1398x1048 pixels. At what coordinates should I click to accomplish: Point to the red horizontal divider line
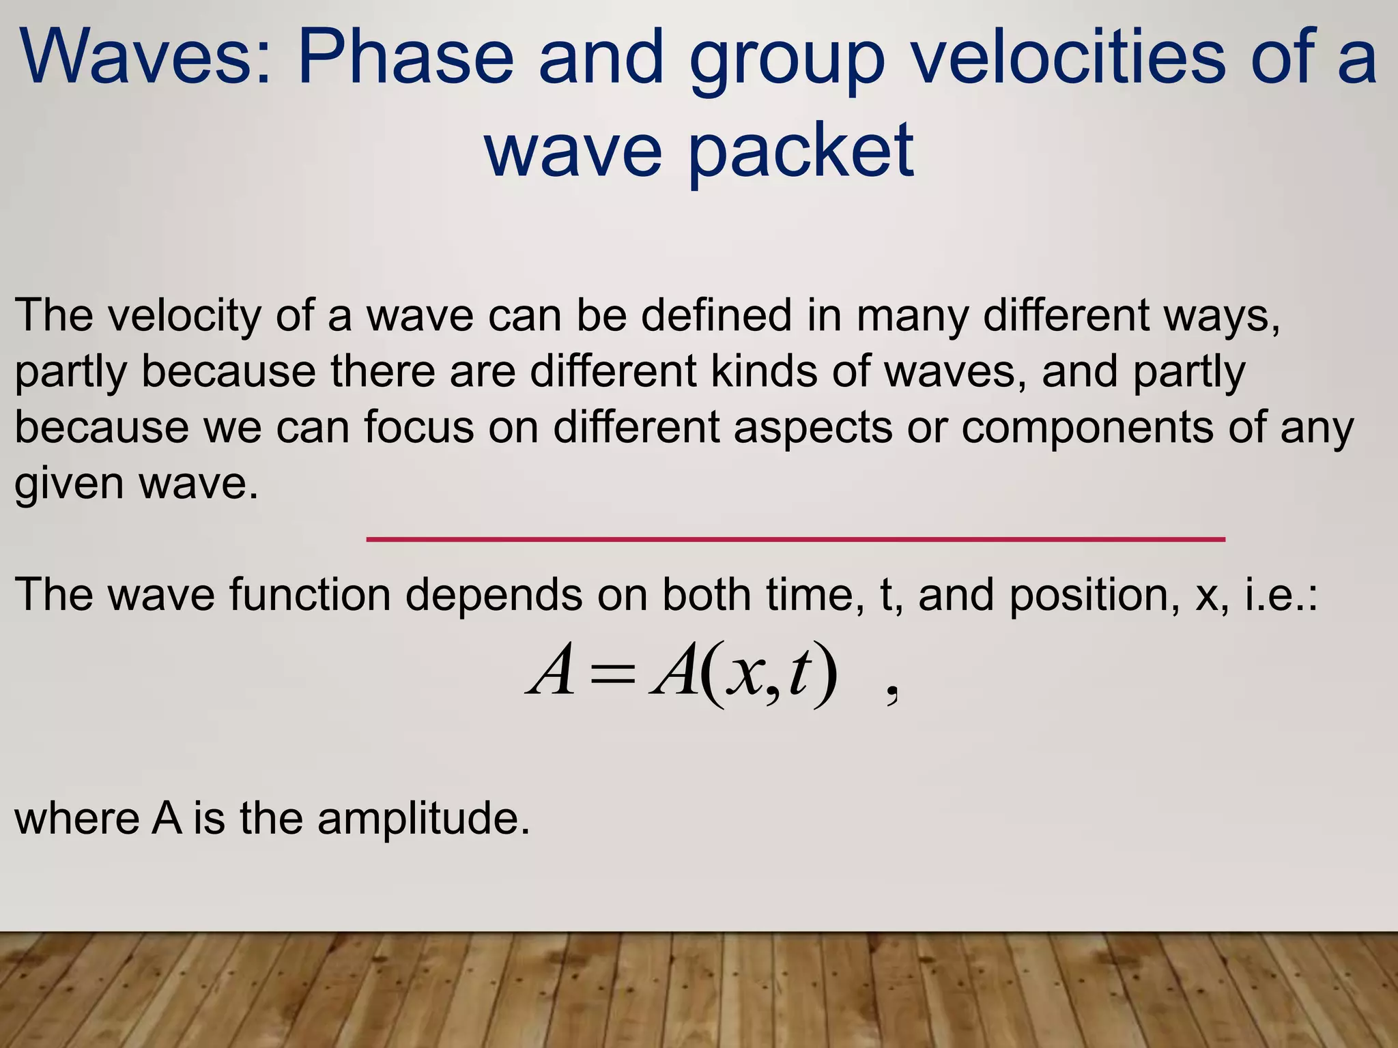tap(795, 539)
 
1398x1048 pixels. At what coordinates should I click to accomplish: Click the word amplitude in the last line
tap(423, 819)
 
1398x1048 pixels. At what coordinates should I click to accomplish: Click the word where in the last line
tap(76, 819)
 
